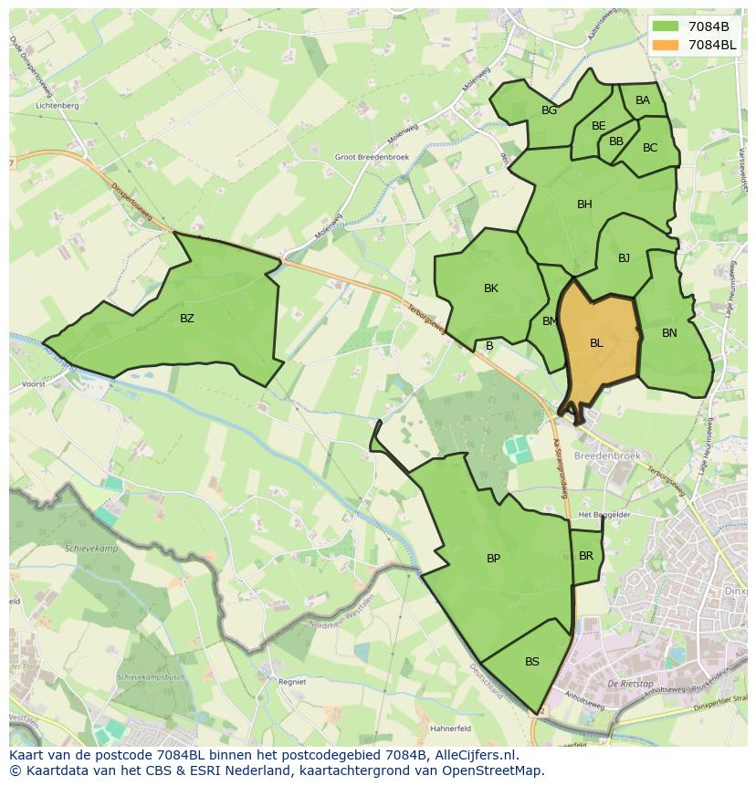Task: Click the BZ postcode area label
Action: [x=187, y=319]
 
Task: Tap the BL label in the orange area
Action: [x=596, y=343]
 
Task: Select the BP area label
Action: [x=493, y=559]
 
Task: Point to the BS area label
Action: [x=532, y=662]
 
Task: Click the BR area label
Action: [x=586, y=556]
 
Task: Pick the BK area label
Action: [x=491, y=288]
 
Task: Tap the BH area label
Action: [x=584, y=204]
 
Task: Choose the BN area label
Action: [x=669, y=333]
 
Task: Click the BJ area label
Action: [x=624, y=258]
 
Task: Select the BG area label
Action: [x=549, y=110]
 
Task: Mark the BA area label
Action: [x=643, y=100]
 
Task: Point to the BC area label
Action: [x=650, y=148]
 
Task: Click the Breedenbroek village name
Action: [x=603, y=455]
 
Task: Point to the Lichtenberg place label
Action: [x=57, y=106]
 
